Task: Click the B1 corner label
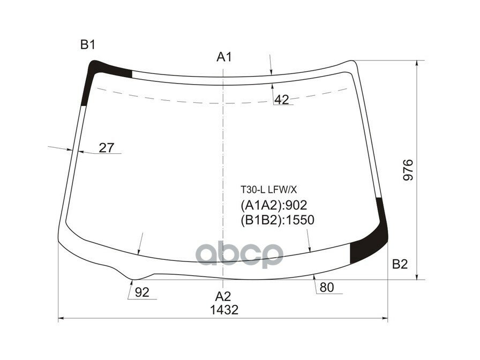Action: tap(88, 46)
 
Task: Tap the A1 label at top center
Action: tap(224, 57)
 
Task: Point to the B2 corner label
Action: tap(400, 264)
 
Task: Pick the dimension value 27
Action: tap(107, 148)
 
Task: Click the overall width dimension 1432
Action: tap(224, 310)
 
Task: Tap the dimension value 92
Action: tap(142, 292)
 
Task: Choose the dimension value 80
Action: tap(326, 288)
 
